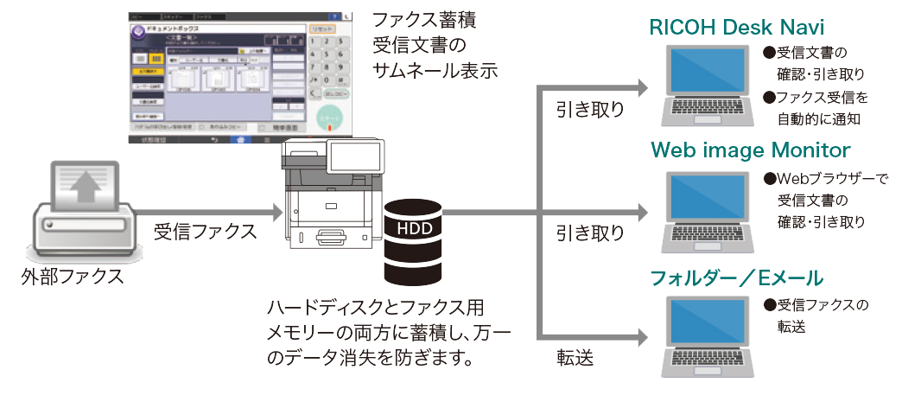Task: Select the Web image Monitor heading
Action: (x=750, y=150)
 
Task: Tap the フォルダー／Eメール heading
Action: (x=736, y=278)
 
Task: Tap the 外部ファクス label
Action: (x=73, y=278)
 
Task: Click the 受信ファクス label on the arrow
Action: (x=205, y=232)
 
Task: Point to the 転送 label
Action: (x=575, y=358)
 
